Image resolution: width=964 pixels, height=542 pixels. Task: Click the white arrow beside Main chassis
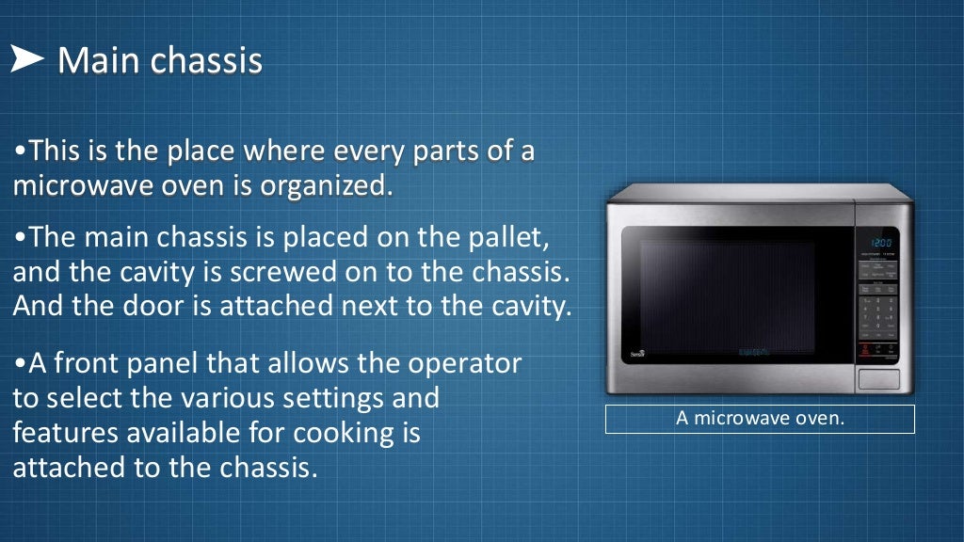(28, 60)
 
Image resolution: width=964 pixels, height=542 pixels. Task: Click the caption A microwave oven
(760, 418)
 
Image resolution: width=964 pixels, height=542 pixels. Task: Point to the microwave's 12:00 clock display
(878, 243)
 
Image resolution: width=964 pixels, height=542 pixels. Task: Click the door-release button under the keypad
(877, 379)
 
